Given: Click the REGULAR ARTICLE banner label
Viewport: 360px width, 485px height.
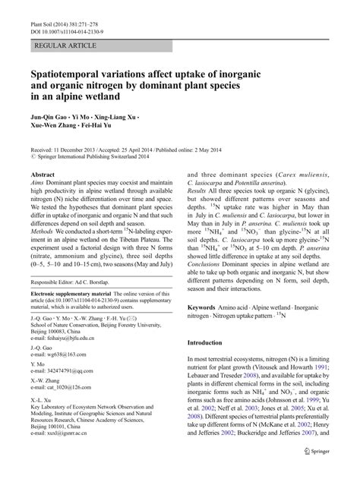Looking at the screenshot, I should pyautogui.click(x=60, y=47).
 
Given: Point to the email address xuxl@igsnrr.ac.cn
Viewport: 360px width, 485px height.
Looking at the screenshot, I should pyautogui.click(x=65, y=464).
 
